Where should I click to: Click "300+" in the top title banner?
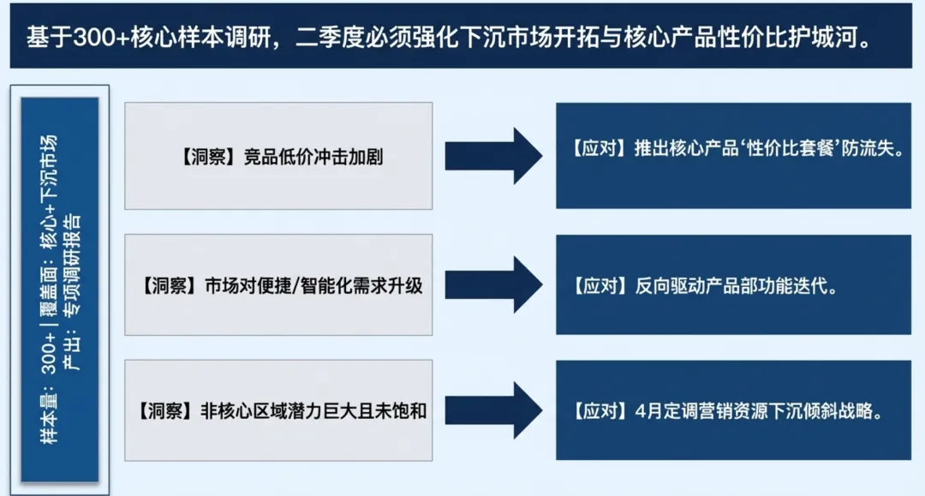pyautogui.click(x=94, y=37)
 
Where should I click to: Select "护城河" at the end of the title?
pyautogui.click(x=825, y=37)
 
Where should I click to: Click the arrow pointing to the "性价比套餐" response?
pyautogui.click(x=492, y=156)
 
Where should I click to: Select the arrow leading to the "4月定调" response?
pyautogui.click(x=492, y=410)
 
